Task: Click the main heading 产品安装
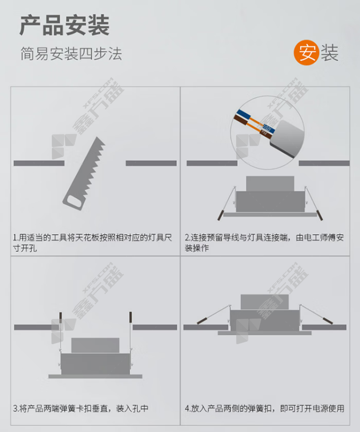pos(65,25)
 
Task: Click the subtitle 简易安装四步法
pos(71,53)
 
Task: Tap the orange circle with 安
pos(306,53)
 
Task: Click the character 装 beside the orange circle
pos(329,53)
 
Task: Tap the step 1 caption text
pos(93,243)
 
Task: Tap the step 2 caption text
pos(265,243)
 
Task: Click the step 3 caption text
pos(81,408)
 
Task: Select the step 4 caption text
pos(265,408)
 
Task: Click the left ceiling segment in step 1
pos(39,163)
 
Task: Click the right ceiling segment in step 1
pos(151,163)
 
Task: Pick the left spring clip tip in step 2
pos(220,215)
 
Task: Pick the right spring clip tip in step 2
pos(320,215)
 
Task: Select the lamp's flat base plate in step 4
pos(265,333)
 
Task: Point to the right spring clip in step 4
pos(316,314)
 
